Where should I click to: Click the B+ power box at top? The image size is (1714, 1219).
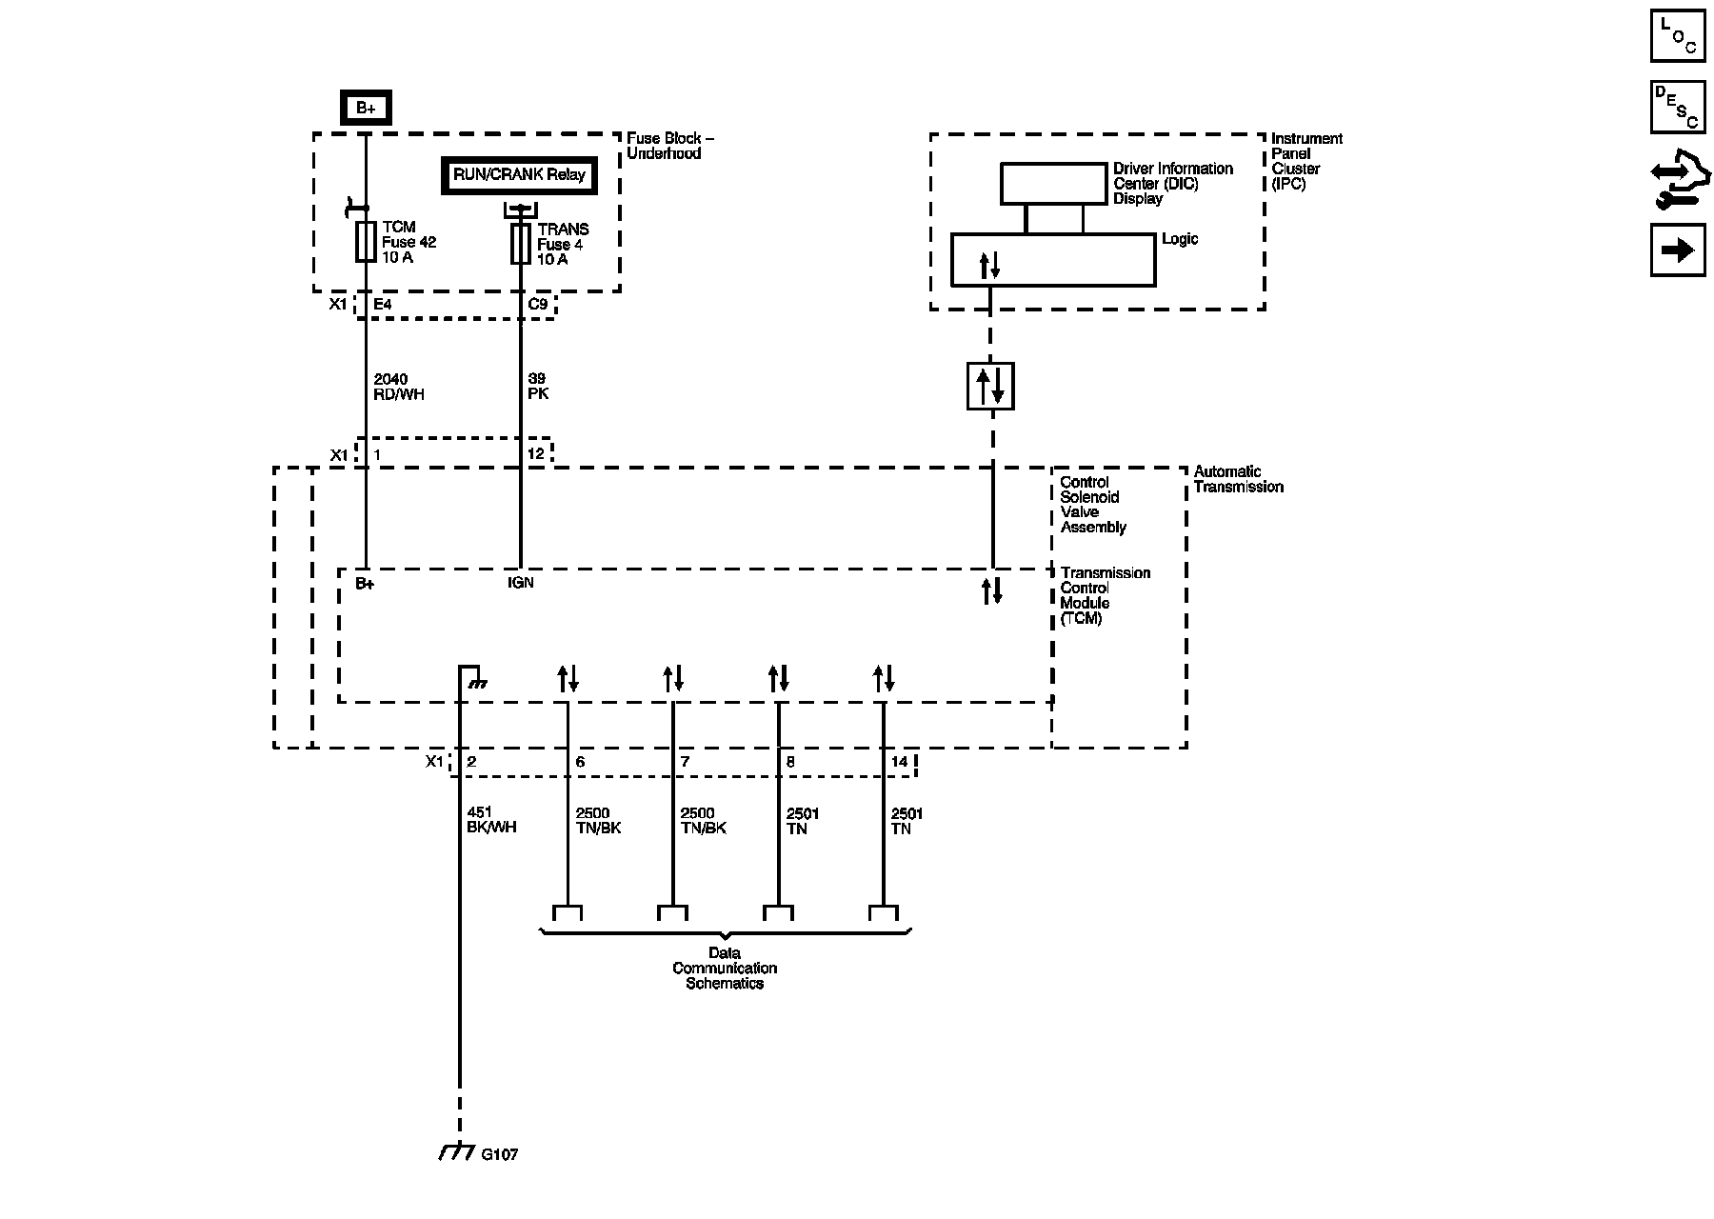tap(366, 108)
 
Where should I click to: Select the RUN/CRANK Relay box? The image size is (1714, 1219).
tap(519, 176)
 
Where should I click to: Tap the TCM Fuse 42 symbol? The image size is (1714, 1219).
tap(366, 242)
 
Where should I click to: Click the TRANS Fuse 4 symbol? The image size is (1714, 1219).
tap(520, 244)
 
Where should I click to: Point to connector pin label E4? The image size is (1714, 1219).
tap(382, 305)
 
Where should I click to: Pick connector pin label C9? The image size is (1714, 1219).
tap(538, 305)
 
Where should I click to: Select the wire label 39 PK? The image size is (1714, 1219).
tap(538, 387)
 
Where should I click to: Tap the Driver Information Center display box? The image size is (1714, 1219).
tap(1052, 184)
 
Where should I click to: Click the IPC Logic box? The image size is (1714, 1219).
tap(1053, 260)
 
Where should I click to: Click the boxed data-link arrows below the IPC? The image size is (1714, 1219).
tap(990, 386)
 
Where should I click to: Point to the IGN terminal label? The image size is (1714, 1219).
tap(521, 583)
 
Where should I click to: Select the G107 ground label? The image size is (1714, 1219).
tap(499, 1155)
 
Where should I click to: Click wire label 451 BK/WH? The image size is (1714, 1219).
tap(491, 820)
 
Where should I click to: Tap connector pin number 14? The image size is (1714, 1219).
tap(899, 762)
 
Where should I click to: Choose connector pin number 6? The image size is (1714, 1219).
tap(580, 762)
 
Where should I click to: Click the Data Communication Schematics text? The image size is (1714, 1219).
tap(725, 969)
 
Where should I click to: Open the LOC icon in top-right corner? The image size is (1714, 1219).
tap(1678, 36)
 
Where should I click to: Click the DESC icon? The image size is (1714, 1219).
tap(1678, 108)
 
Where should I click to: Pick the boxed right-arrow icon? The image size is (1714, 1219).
tap(1678, 250)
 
